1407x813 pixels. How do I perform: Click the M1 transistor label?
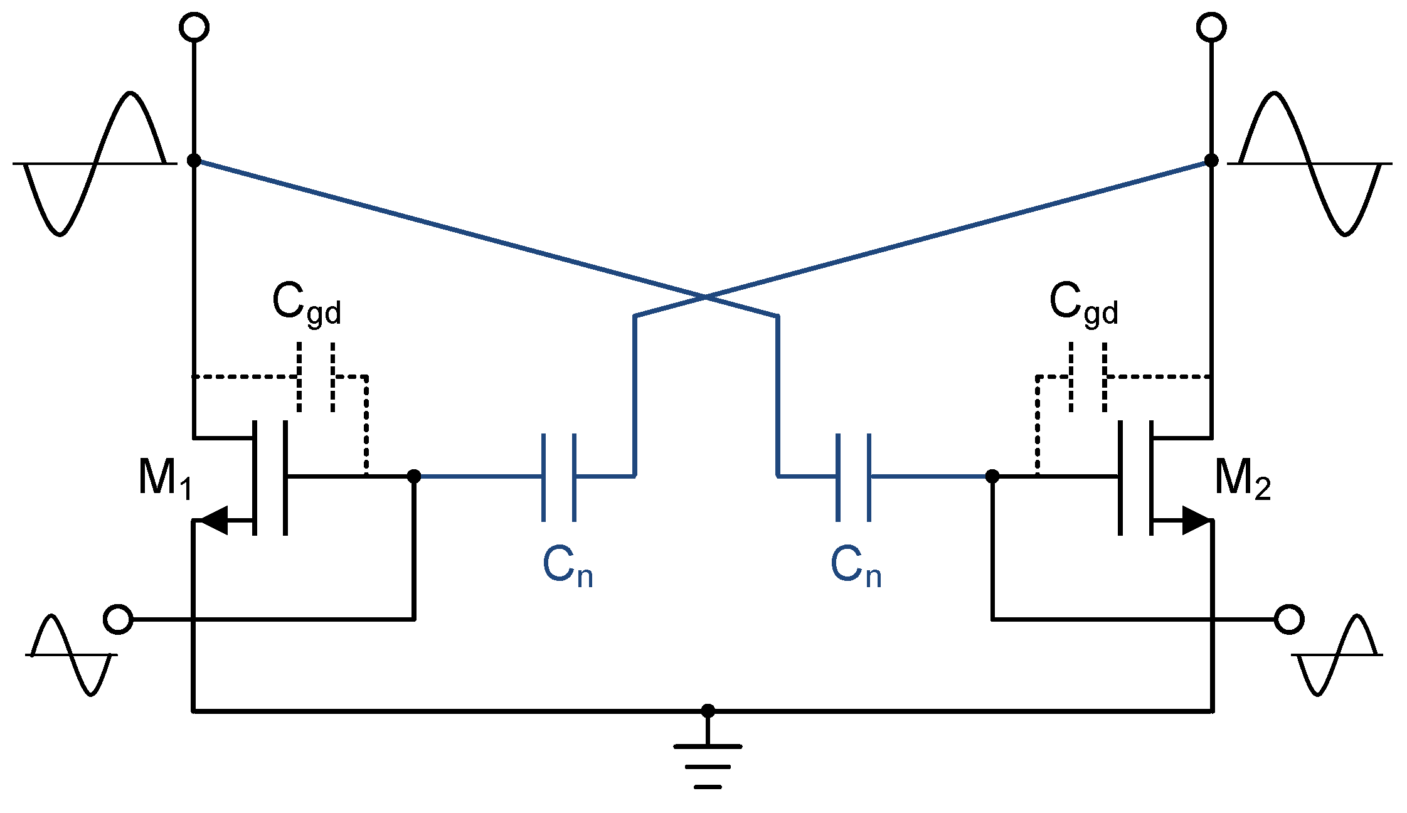164,479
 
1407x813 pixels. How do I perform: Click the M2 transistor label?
1242,479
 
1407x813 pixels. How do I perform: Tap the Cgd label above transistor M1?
306,304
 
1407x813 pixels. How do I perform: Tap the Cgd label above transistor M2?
1083,304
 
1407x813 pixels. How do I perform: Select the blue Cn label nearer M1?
567,566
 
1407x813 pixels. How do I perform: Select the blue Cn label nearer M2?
856,566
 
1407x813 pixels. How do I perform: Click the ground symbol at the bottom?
708,766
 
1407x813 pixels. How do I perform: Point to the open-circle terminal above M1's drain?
194,28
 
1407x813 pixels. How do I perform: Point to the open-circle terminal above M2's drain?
1211,28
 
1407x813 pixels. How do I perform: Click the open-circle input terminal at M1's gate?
118,619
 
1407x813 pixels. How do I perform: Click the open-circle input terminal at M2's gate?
1289,619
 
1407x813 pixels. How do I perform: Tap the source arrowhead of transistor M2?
1194,520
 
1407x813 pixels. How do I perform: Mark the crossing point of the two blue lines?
706,297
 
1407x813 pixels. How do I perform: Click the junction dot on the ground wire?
708,711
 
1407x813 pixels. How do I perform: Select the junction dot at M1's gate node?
414,476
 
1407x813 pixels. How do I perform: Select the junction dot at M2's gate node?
992,476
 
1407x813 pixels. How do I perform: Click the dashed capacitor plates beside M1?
316,377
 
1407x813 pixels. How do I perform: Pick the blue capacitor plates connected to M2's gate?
853,477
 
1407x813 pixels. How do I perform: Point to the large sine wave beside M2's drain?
1310,164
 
